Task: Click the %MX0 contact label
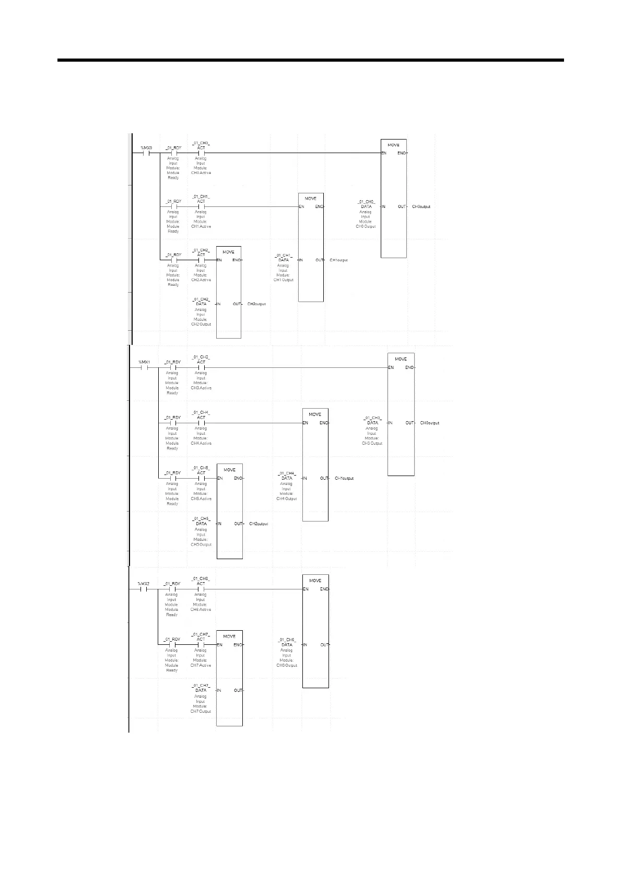(x=146, y=148)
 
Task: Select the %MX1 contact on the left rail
(x=144, y=367)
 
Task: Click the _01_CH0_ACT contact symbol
(x=201, y=153)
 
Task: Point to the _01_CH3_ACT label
(x=201, y=360)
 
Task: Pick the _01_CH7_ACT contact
(x=201, y=644)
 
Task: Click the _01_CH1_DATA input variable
(x=284, y=258)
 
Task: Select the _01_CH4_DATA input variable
(x=287, y=476)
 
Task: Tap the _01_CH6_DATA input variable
(x=287, y=642)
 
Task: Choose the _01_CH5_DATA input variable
(x=201, y=521)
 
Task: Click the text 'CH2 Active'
(x=201, y=280)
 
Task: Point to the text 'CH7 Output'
(x=201, y=711)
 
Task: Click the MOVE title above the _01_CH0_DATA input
(x=393, y=145)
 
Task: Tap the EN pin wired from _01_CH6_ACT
(x=306, y=589)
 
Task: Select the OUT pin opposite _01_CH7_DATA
(x=238, y=690)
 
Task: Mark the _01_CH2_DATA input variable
(x=201, y=302)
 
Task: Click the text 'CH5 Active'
(x=201, y=499)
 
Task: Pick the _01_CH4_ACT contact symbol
(x=201, y=423)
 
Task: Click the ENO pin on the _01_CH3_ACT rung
(x=409, y=367)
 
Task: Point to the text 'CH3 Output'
(x=372, y=443)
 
